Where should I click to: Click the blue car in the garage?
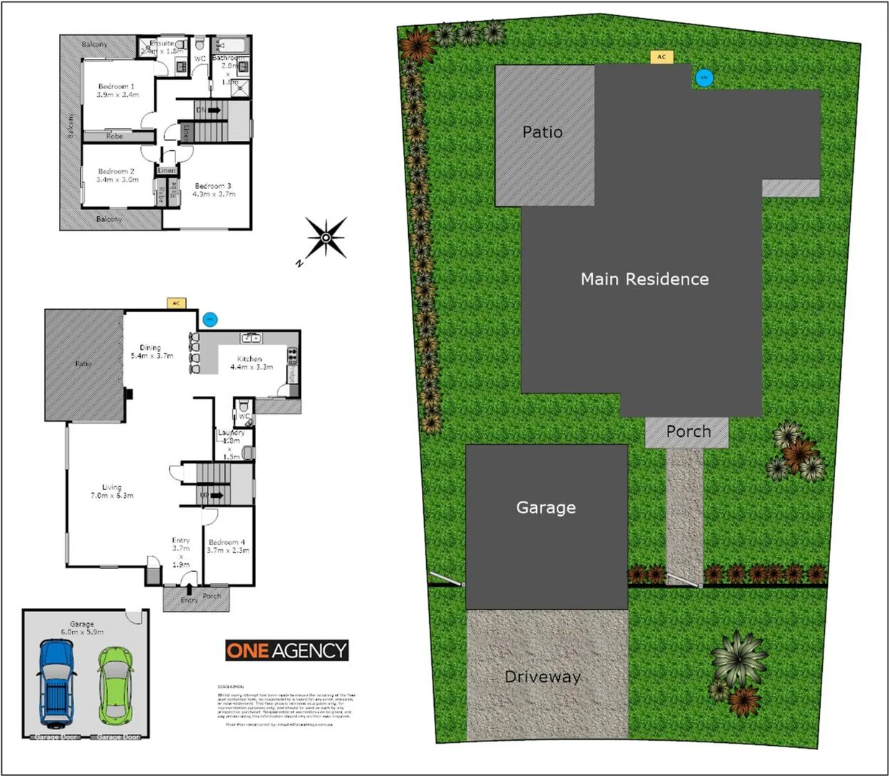pos(57,683)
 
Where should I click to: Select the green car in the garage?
pos(116,685)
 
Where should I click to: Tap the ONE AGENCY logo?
pos(287,650)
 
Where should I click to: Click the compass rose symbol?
pos(326,237)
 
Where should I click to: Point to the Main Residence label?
pos(645,279)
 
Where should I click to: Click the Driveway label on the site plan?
pos(543,677)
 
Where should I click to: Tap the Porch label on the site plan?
pos(688,432)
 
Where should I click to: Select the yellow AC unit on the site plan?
pos(661,57)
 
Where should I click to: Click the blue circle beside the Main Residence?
pos(704,78)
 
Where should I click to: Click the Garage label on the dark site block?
pos(545,508)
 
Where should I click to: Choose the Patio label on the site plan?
pos(543,132)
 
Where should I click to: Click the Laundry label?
pos(231,433)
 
